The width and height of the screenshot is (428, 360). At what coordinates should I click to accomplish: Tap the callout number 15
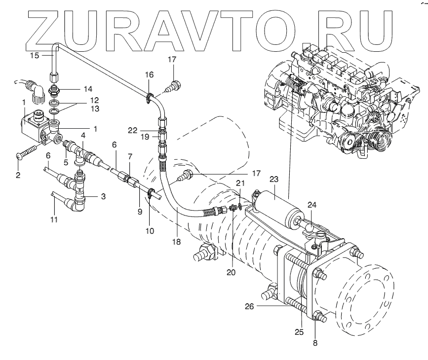pos(35,55)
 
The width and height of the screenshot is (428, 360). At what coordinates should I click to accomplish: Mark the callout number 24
pos(311,204)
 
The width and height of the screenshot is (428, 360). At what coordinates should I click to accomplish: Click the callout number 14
pos(88,89)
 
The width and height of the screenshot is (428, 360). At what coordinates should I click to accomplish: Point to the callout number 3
pos(103,196)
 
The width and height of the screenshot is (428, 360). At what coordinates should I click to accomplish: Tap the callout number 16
pos(150,74)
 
